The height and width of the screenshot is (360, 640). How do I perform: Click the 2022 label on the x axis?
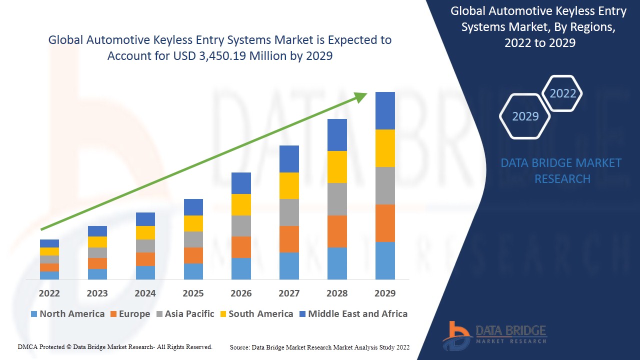(49, 293)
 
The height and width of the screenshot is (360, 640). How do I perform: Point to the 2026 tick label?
(241, 293)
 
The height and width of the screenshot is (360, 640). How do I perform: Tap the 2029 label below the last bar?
(385, 293)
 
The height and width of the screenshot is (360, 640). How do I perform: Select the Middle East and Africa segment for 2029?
(385, 110)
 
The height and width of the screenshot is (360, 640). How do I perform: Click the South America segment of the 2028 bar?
(337, 166)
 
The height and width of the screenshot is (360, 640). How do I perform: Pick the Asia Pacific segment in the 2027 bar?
(289, 212)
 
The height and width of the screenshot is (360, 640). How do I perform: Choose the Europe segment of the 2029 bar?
(385, 223)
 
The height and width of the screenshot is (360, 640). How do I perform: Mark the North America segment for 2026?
(241, 268)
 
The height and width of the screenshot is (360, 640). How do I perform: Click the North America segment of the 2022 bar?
(49, 275)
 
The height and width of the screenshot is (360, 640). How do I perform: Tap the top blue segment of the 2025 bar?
(193, 207)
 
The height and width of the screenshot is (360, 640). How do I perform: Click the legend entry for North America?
(67, 314)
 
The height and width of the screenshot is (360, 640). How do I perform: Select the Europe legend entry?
(130, 314)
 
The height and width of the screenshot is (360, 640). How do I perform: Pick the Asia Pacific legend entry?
(185, 314)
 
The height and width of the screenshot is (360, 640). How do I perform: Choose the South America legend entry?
(256, 314)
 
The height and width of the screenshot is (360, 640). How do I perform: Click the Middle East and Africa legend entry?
(353, 314)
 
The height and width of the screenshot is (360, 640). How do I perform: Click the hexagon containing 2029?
(525, 116)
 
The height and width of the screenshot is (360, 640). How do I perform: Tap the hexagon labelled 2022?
(562, 93)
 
